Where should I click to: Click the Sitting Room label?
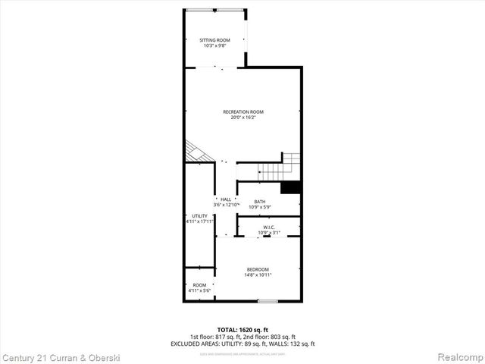click(x=214, y=40)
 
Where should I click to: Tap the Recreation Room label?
click(x=242, y=112)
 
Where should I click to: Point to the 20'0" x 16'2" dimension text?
click(x=242, y=118)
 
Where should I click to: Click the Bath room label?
click(x=260, y=201)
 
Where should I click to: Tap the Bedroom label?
click(x=258, y=270)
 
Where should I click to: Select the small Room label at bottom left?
click(x=199, y=285)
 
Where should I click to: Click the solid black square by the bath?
click(x=291, y=188)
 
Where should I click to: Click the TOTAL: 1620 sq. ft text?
click(x=242, y=330)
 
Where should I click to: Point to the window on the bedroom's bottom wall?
click(x=268, y=301)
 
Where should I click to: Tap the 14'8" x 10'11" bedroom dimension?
click(x=258, y=275)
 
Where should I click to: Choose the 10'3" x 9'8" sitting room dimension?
click(x=214, y=45)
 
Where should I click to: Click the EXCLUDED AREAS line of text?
click(x=242, y=344)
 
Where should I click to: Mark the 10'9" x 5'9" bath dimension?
click(x=260, y=206)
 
